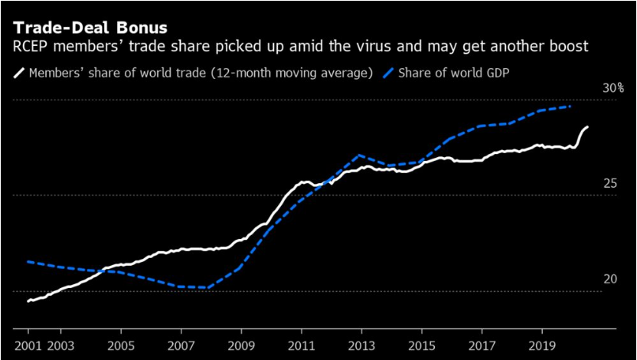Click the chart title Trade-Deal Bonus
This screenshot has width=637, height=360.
click(x=90, y=28)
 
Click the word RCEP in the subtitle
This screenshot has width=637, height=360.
click(x=32, y=47)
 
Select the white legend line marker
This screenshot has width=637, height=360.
click(x=19, y=74)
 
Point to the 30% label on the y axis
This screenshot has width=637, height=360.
click(x=612, y=89)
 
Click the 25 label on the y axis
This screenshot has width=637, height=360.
click(x=609, y=184)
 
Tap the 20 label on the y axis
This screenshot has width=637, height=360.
click(x=609, y=280)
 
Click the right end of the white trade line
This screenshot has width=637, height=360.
click(x=588, y=127)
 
